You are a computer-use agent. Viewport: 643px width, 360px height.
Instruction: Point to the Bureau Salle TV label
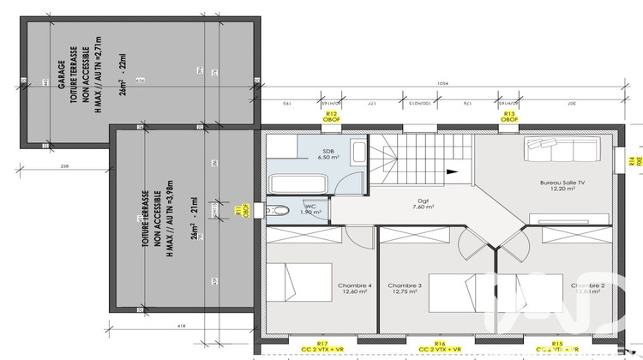coord(562,184)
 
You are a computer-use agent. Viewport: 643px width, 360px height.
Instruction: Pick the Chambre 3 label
coord(405,289)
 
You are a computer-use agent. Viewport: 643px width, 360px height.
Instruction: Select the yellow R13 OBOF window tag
coord(508,117)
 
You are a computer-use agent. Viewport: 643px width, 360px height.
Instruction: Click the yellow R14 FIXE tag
coord(630,161)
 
